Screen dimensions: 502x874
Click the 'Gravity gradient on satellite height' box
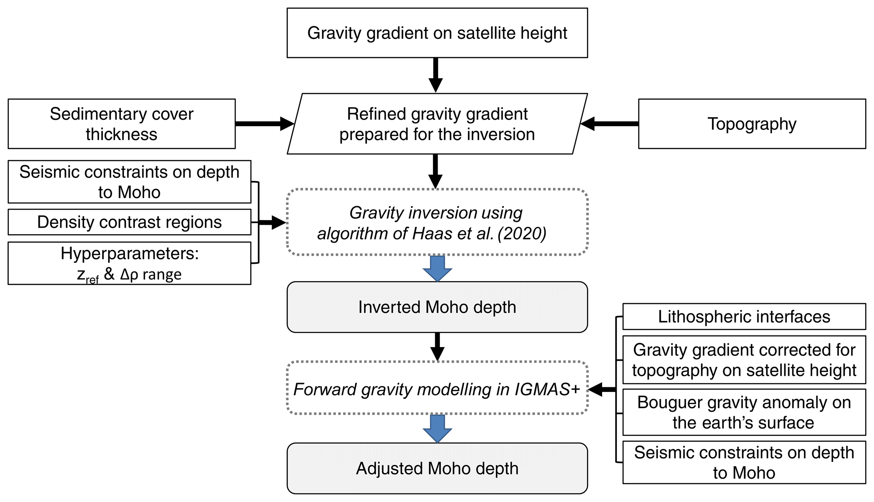point(437,33)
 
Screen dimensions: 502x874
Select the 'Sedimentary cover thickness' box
point(121,124)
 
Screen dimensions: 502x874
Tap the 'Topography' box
point(751,124)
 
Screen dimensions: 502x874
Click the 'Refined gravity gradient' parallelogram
point(437,124)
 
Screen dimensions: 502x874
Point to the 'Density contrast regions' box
point(129,222)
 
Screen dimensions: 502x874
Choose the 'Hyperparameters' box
point(129,263)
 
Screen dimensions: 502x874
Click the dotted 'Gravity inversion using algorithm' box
point(437,222)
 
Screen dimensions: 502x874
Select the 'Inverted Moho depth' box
point(437,307)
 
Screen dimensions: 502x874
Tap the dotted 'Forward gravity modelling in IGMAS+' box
point(437,388)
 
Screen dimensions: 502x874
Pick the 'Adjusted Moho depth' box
point(437,468)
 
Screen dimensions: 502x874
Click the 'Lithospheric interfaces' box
point(744,317)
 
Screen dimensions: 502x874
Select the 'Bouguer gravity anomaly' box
point(744,412)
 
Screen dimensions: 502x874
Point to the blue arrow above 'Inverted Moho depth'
point(437,268)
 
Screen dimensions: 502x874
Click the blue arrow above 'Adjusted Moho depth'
point(437,428)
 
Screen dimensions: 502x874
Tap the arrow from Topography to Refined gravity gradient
point(609,124)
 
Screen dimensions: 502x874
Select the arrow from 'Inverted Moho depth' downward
point(437,346)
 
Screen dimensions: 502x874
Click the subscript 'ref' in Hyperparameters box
point(92,279)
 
